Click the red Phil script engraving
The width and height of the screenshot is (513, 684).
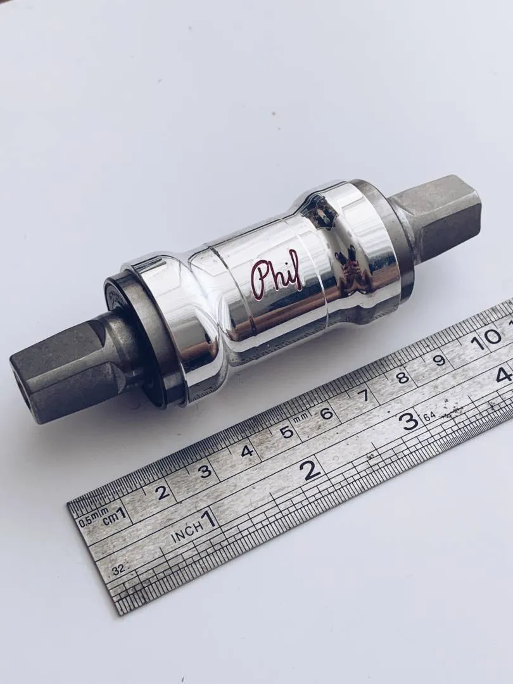click(x=277, y=275)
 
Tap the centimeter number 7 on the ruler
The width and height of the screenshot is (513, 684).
click(x=364, y=395)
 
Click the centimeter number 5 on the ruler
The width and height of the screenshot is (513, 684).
click(x=287, y=432)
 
